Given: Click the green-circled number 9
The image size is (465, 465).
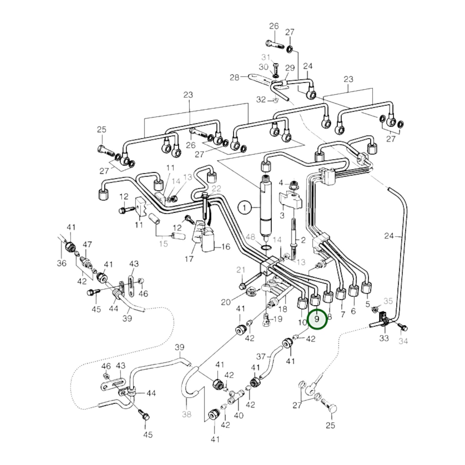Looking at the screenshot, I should pos(317,319).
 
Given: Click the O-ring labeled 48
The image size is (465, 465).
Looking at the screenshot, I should pos(265,248).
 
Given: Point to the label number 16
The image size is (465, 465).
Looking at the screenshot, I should pos(226,247).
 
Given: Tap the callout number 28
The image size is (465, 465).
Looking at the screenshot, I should pos(235,78).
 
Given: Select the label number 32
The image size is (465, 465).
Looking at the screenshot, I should pos(261,100).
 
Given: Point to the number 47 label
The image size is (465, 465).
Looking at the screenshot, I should pos(87,245).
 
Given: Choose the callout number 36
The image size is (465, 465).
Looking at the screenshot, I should pos(61,263).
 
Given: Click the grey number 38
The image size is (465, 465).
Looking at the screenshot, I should pos(187,414).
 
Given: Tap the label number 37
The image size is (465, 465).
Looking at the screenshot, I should pos(261,357).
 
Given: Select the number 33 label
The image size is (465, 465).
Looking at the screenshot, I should pos(384,338).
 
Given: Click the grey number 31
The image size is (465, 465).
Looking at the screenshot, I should pos(266,57).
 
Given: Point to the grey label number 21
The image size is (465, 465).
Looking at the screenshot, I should pos(241,270).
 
